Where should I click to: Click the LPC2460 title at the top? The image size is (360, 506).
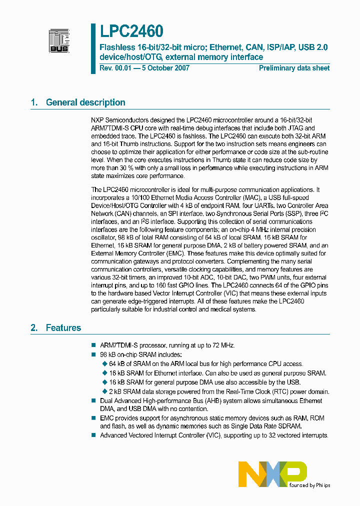tap(131, 31)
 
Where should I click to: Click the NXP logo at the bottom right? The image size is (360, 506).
tap(272, 473)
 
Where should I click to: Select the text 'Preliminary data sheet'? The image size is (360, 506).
tap(294, 68)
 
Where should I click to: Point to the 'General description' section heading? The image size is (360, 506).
tap(85, 102)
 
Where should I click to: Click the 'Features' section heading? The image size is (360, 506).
tap(63, 328)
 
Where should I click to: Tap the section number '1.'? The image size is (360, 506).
tap(34, 102)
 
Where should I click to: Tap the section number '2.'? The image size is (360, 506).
tap(34, 328)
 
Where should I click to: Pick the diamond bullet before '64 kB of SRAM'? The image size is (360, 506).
tap(104, 364)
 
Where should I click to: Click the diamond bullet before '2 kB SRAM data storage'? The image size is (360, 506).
tap(104, 391)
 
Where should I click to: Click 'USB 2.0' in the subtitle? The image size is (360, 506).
tap(313, 47)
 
